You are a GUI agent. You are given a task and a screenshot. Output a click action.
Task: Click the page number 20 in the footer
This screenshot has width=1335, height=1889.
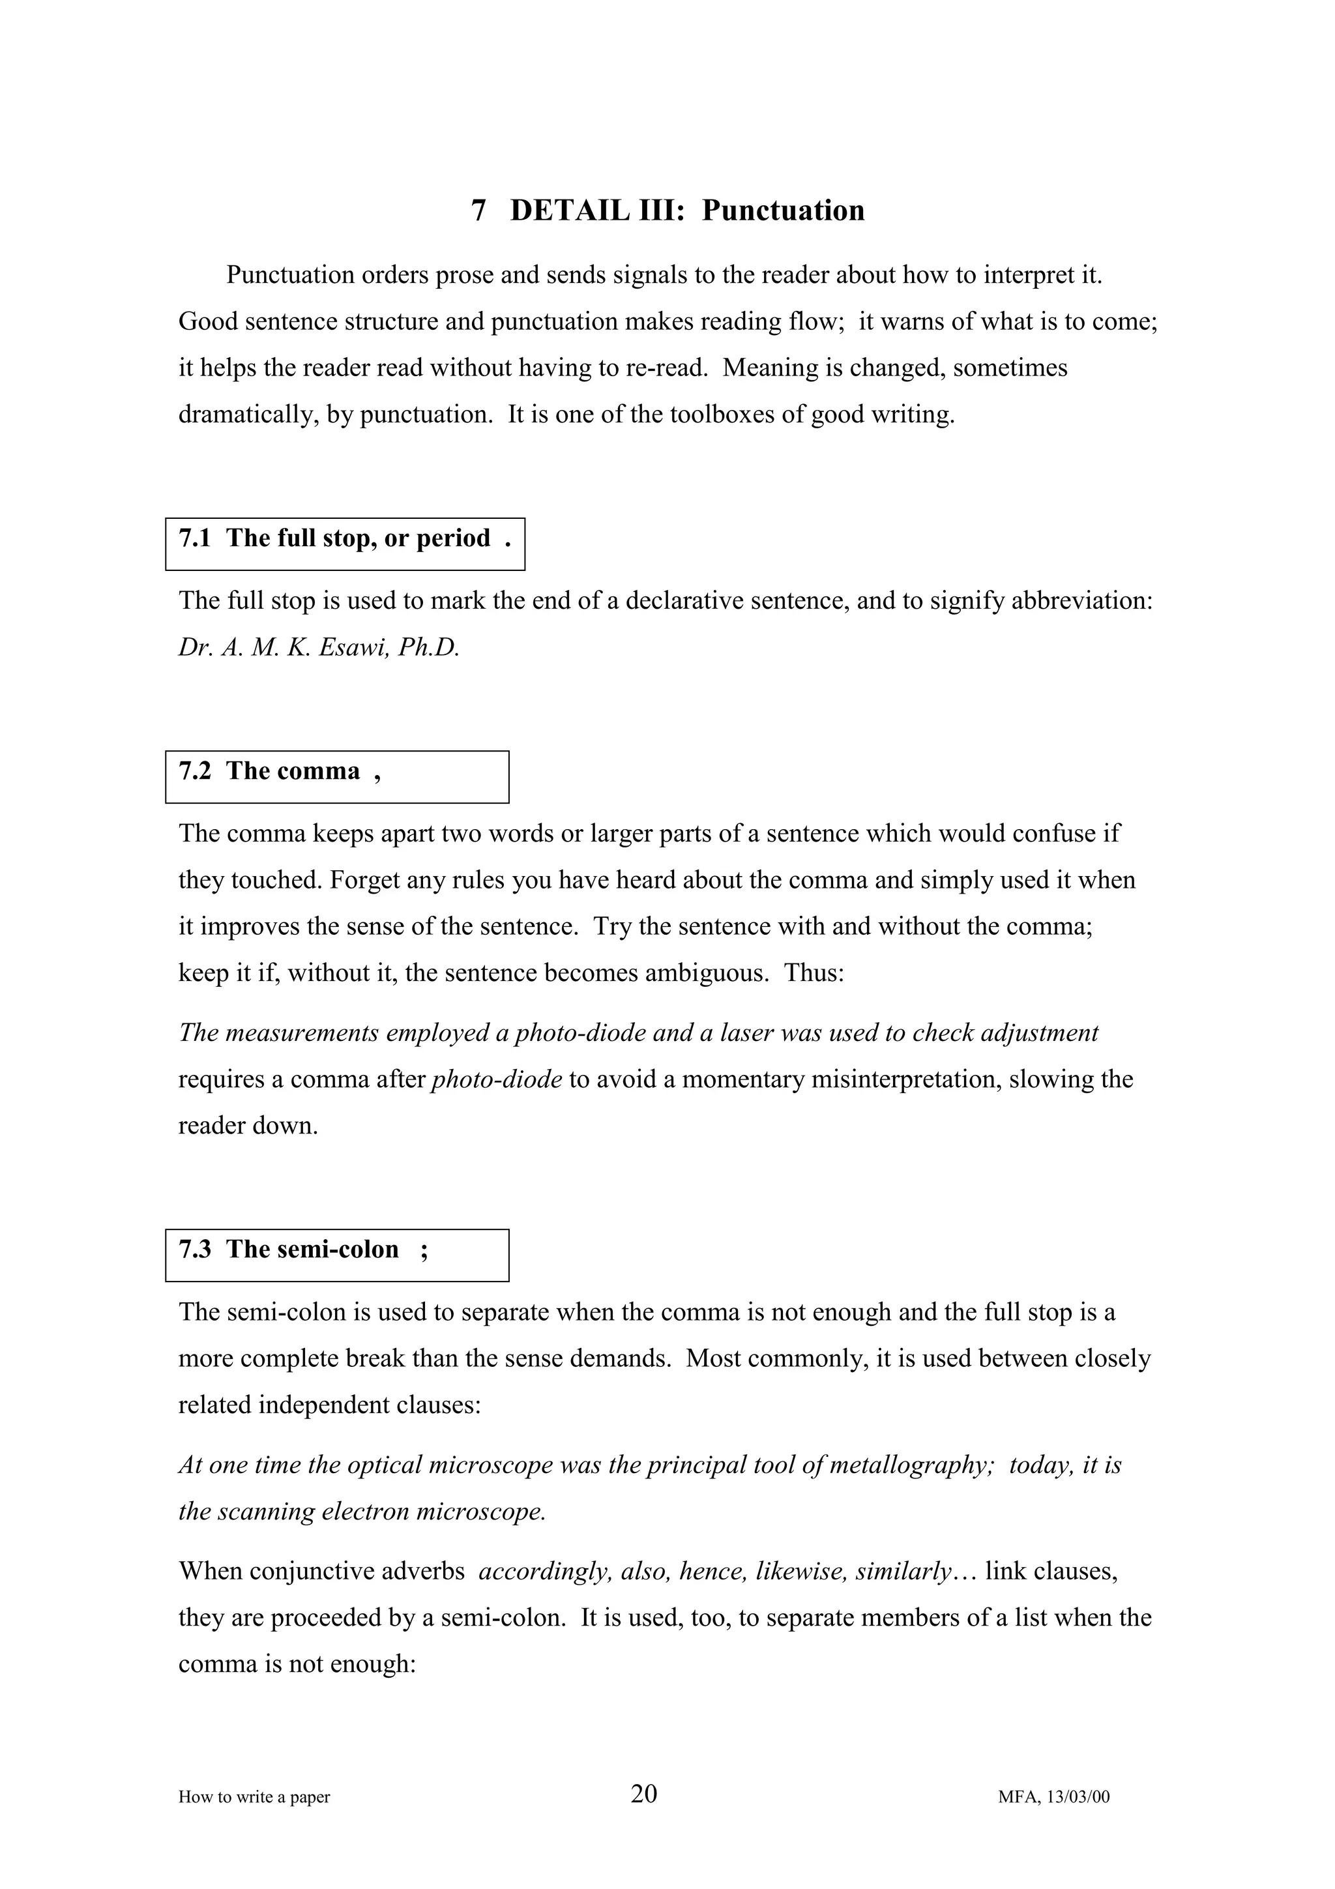click(x=644, y=1794)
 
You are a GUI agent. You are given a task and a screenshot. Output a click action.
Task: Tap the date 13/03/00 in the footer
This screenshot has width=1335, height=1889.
click(x=1078, y=1797)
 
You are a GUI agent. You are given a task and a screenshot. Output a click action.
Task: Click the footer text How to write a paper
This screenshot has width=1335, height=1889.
click(x=254, y=1797)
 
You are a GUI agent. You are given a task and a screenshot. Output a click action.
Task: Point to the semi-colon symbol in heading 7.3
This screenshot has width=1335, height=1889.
click(x=424, y=1250)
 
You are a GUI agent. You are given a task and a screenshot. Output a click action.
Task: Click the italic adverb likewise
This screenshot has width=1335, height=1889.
click(x=801, y=1572)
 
